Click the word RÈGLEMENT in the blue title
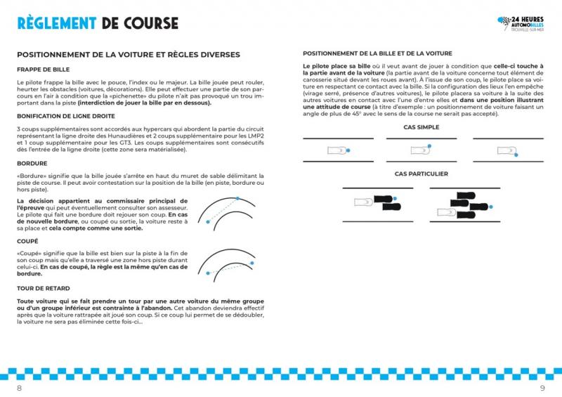[57, 22]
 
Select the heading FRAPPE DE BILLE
[43, 70]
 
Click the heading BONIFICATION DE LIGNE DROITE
[66, 115]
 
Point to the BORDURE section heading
[32, 162]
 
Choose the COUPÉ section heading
[29, 241]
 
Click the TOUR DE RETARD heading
[44, 288]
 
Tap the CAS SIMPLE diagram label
[421, 127]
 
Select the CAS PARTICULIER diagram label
[421, 174]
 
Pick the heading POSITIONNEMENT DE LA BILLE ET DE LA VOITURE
[377, 53]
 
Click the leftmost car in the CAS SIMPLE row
[335, 150]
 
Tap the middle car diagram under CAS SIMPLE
[421, 150]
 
